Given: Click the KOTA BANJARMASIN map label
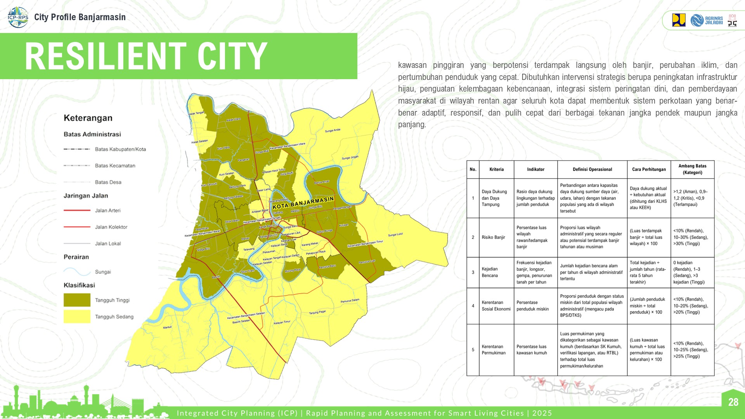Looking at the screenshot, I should coord(303,203).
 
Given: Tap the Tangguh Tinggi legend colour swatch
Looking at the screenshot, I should coord(77,300).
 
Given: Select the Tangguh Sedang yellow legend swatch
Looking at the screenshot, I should coord(77,317).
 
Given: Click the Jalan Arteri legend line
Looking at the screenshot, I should coord(77,210).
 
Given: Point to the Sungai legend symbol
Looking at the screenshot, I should coord(77,271).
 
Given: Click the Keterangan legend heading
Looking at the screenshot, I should coord(88,118).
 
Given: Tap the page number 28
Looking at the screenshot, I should coord(733,402).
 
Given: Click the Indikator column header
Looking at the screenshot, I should coord(535,170).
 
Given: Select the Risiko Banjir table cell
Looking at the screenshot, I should coord(493,237).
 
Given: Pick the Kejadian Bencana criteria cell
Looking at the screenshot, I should coord(490,272).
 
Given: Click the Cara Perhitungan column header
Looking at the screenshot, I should coord(649,170).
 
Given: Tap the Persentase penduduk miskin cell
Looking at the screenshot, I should coord(532,306).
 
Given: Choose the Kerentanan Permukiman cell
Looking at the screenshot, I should coord(494,350).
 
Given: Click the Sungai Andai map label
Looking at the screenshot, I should coord(333,130).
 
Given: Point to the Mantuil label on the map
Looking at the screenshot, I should coord(167,327).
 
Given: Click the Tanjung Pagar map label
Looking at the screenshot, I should coord(317,312).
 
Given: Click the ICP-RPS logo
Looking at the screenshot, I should coord(18,17).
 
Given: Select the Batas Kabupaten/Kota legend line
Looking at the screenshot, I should coord(77,149).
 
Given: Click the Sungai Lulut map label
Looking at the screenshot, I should coord(395,235).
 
